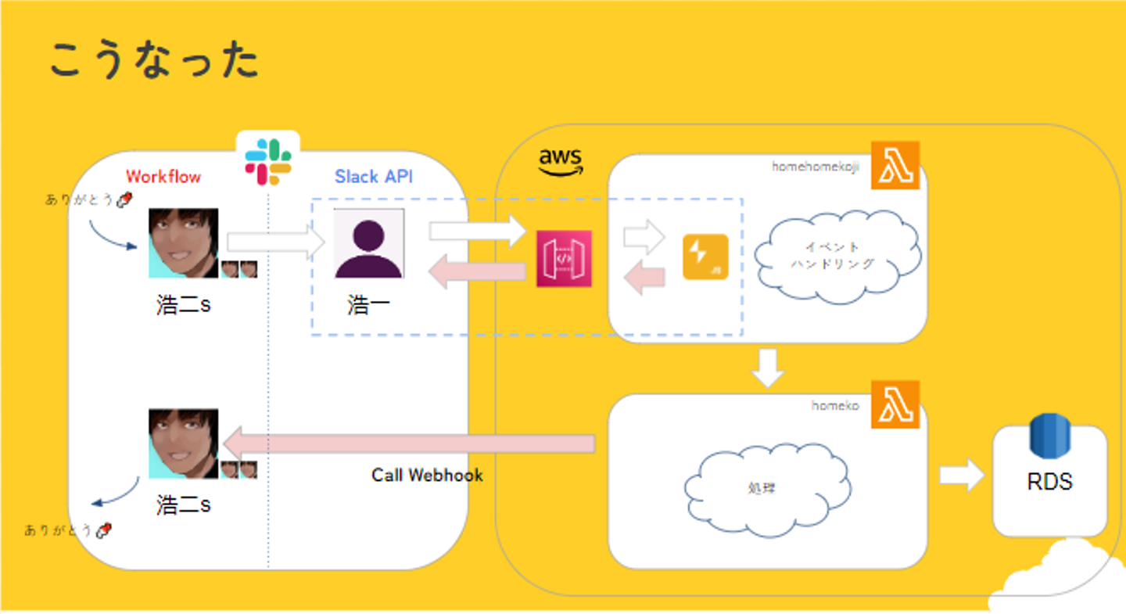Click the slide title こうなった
pyautogui.click(x=154, y=60)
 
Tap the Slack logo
pyautogui.click(x=268, y=160)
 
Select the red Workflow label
pyautogui.click(x=163, y=177)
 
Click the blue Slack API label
pyautogui.click(x=374, y=177)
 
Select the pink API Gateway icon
pyautogui.click(x=564, y=259)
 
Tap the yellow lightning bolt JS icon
pyautogui.click(x=705, y=257)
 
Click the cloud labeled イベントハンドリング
pyautogui.click(x=836, y=256)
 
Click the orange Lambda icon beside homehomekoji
pyautogui.click(x=895, y=165)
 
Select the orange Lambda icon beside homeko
pyautogui.click(x=895, y=404)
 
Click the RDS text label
pyautogui.click(x=1049, y=482)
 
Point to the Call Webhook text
pyautogui.click(x=427, y=475)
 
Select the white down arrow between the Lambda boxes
pyautogui.click(x=768, y=368)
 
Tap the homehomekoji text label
pyautogui.click(x=816, y=167)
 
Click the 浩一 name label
pyautogui.click(x=368, y=304)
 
